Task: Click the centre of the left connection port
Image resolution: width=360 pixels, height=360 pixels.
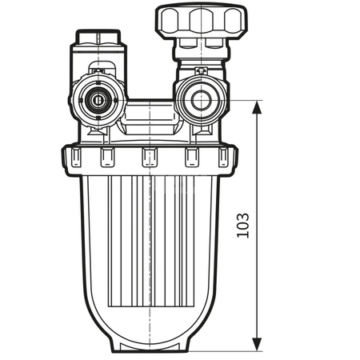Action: click(98, 102)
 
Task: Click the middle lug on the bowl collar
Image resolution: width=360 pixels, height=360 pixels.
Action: click(150, 158)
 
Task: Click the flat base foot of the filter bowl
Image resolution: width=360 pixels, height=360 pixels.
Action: click(150, 347)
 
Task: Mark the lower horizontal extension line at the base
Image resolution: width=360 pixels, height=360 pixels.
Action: click(232, 351)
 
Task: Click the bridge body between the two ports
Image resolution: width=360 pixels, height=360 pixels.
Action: click(149, 112)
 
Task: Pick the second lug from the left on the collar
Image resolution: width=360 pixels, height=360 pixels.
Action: click(107, 158)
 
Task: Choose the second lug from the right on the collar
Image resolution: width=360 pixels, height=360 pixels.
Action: click(192, 158)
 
